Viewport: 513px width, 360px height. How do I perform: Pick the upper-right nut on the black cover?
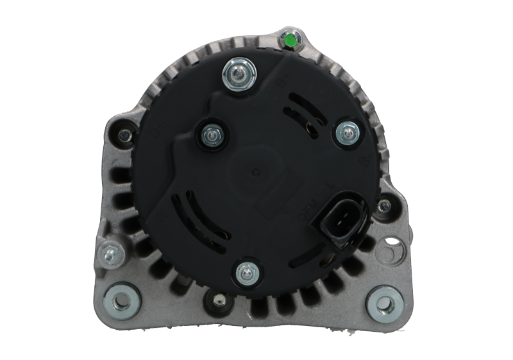(346, 132)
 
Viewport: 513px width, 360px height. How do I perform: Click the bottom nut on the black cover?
(244, 273)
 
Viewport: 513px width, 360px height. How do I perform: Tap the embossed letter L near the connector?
(330, 187)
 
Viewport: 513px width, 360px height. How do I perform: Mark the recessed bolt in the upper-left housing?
(122, 135)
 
